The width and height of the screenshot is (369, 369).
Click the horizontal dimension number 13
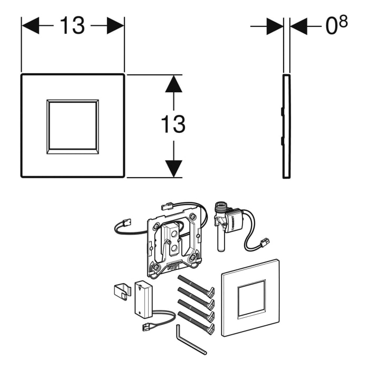[72, 25]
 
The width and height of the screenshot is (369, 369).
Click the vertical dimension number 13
[173, 124]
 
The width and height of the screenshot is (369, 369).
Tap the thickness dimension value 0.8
[336, 25]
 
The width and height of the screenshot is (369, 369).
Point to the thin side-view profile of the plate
[286, 127]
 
